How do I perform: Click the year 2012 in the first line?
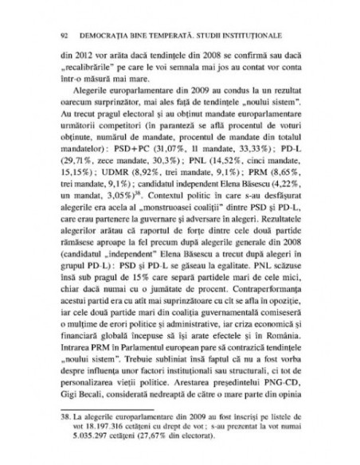click(x=71, y=57)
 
